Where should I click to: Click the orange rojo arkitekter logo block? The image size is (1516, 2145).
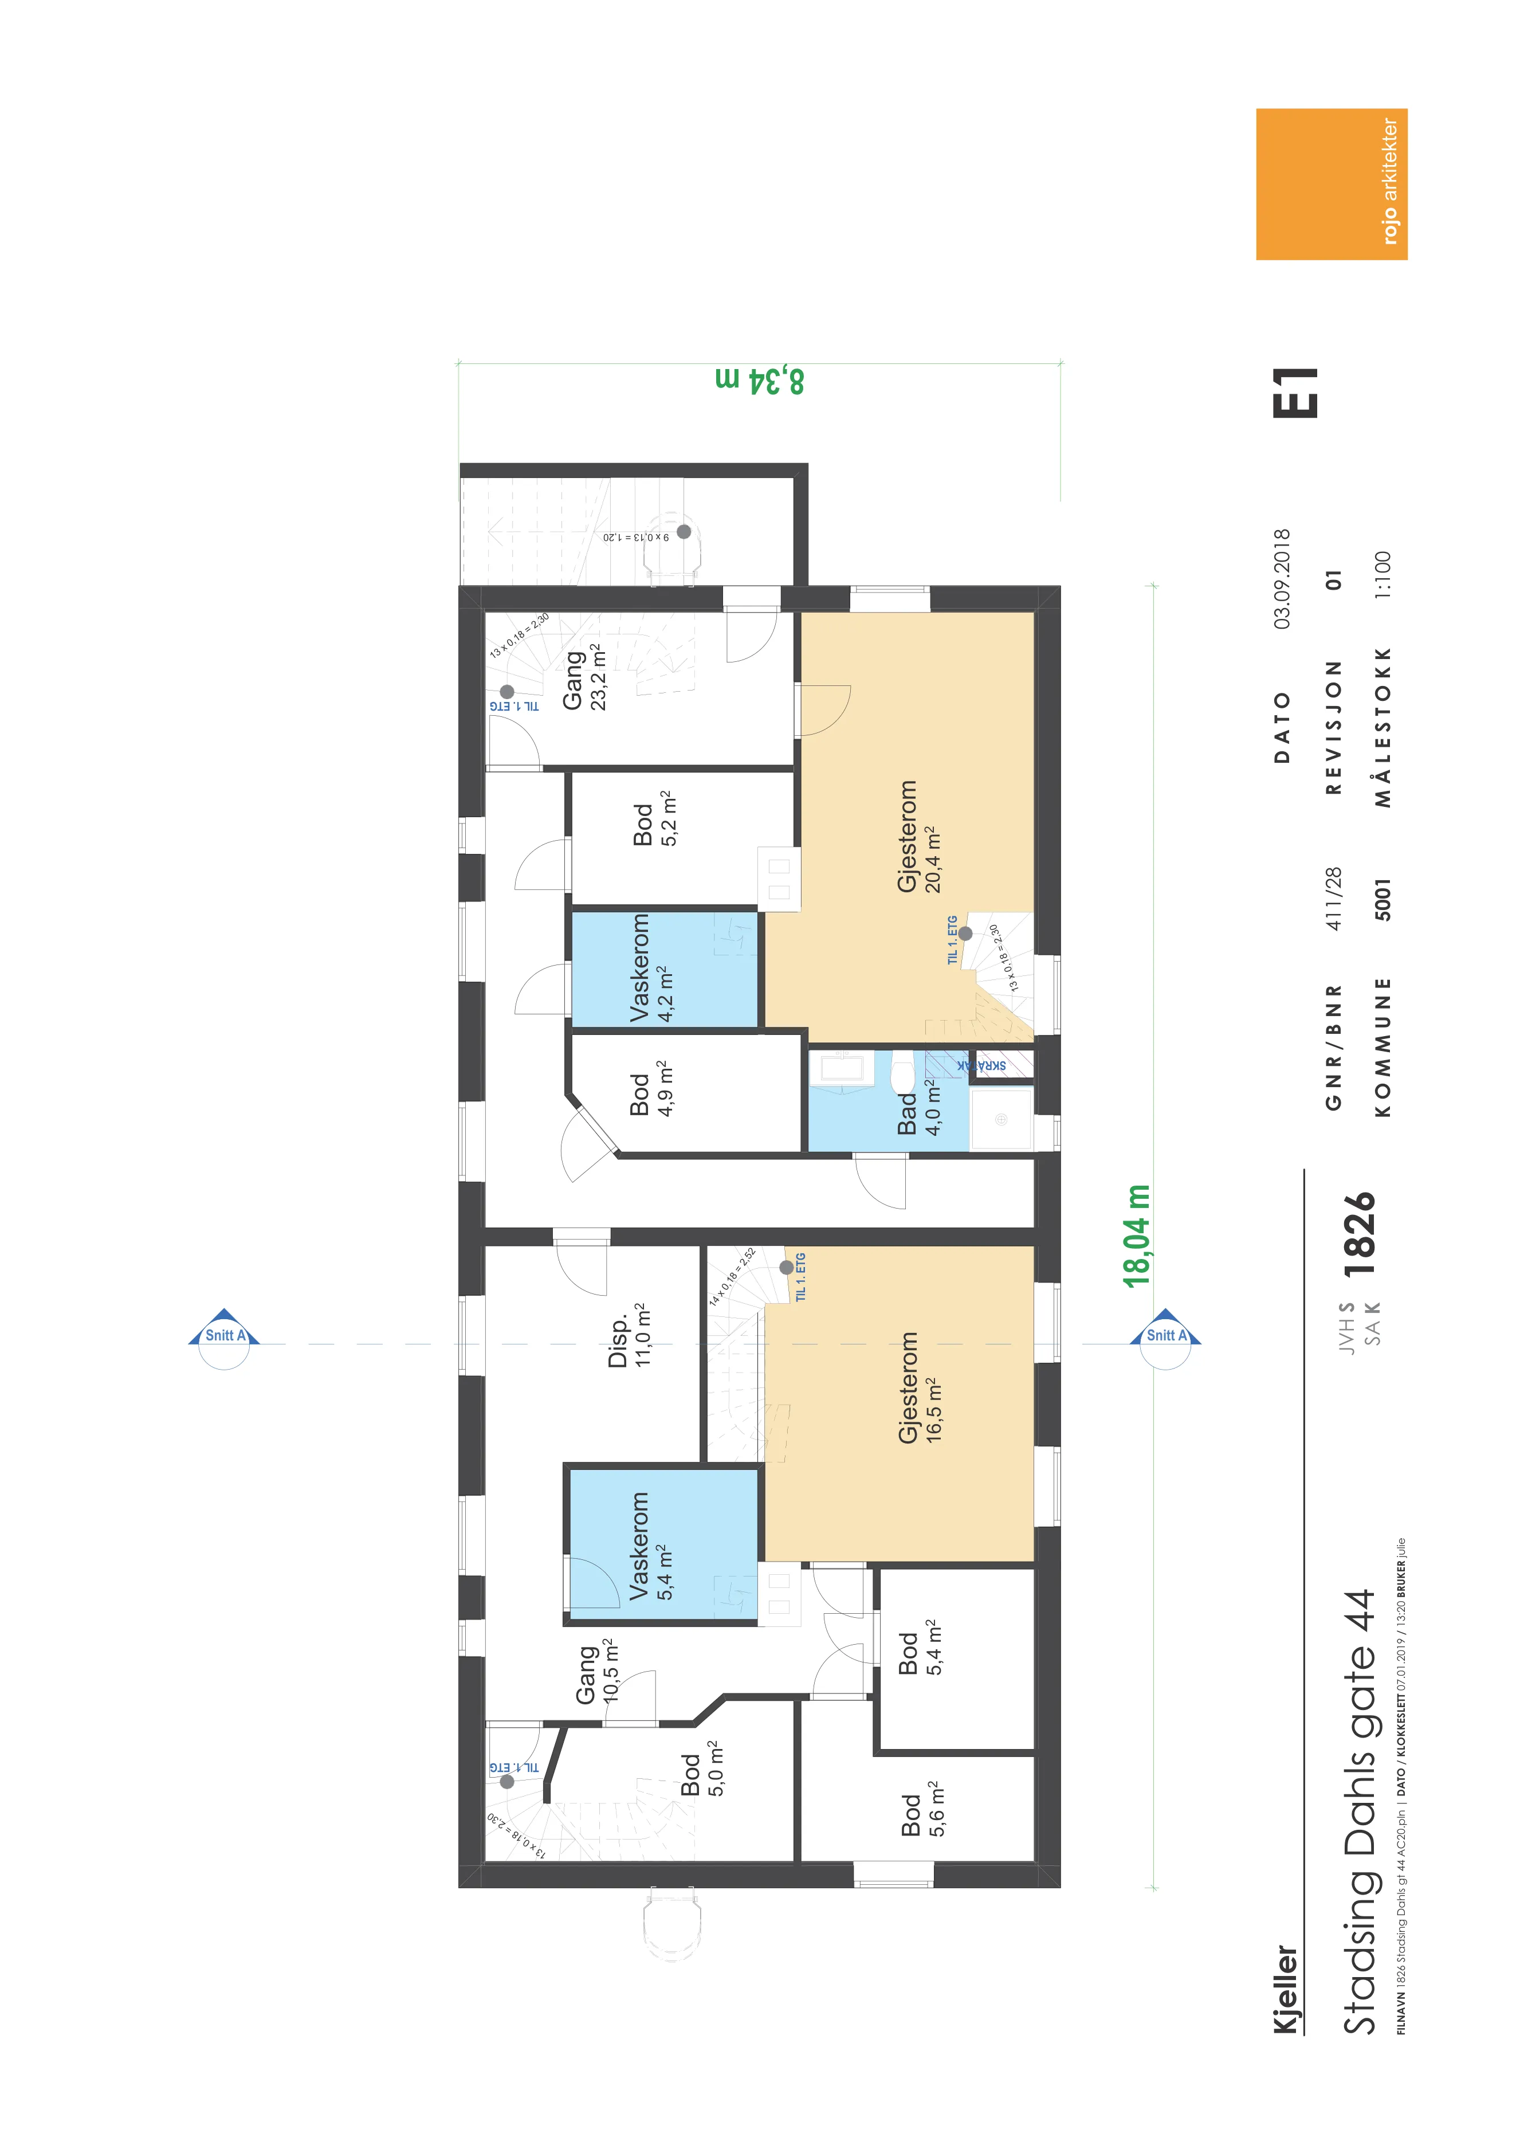click(1331, 184)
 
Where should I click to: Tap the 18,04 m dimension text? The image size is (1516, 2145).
click(1137, 1236)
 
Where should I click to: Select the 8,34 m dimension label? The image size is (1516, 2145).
click(759, 381)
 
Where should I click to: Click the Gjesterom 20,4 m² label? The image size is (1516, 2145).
click(918, 836)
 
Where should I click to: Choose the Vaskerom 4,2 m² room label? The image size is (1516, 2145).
click(651, 968)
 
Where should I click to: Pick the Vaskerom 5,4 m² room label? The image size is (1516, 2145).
click(651, 1546)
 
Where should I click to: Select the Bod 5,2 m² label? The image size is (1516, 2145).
click(654, 819)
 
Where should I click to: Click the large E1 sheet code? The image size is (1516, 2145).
click(1295, 393)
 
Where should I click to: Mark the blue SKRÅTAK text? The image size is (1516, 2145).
click(981, 1065)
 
